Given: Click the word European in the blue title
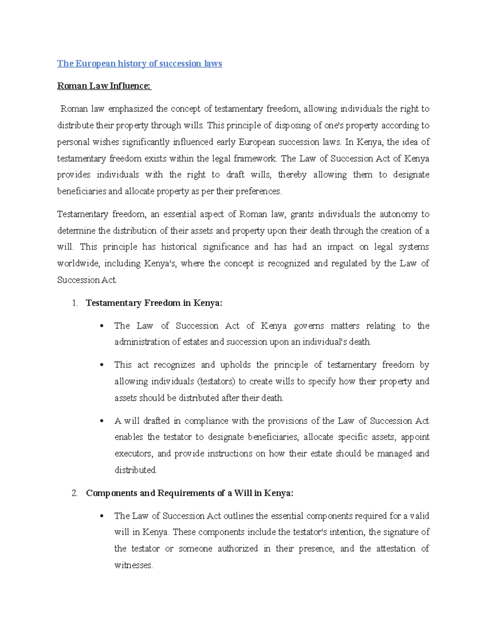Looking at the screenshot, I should coord(95,64).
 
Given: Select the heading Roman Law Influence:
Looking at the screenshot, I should coord(104,86).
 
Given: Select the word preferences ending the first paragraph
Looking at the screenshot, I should coord(258,191).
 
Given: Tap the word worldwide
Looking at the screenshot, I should coord(78,264).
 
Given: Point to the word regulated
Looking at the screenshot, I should coord(349,264).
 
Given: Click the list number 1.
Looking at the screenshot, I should coord(74,303).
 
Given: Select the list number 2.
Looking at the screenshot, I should coord(74,493).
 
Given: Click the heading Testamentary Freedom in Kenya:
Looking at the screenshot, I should coord(154,303).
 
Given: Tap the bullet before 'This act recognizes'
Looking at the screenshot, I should coord(102,365).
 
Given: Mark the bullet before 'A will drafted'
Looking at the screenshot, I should coord(102,421).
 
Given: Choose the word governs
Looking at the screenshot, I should coord(309,326).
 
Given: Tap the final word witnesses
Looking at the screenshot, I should coord(133,565).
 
